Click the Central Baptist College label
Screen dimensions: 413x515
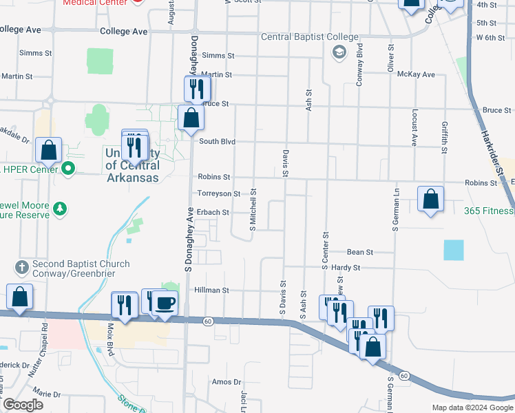click(x=309, y=36)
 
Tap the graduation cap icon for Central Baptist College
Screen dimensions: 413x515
click(x=339, y=52)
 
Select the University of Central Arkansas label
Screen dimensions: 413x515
click(x=132, y=165)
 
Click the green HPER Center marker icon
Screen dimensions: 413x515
click(x=67, y=168)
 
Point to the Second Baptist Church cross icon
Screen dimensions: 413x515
click(x=21, y=265)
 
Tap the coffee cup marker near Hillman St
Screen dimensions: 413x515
click(x=165, y=303)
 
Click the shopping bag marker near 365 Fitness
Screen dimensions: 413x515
click(x=430, y=200)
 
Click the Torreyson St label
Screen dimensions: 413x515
click(x=219, y=194)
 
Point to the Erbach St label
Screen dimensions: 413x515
click(x=213, y=213)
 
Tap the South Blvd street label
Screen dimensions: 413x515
click(x=218, y=142)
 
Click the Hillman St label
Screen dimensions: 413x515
click(x=211, y=290)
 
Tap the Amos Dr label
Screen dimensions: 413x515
click(x=228, y=382)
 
